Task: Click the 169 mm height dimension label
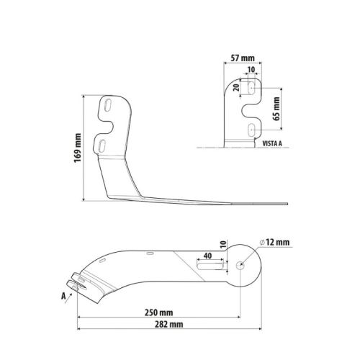(78, 148)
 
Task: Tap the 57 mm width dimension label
(243, 58)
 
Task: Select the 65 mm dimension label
(276, 109)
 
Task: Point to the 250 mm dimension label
(158, 312)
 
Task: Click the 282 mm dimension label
(168, 325)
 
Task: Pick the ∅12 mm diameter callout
(274, 243)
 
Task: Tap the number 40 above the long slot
(207, 256)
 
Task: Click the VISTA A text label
(272, 143)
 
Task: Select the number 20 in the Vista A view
(237, 87)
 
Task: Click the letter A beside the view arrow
(63, 296)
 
